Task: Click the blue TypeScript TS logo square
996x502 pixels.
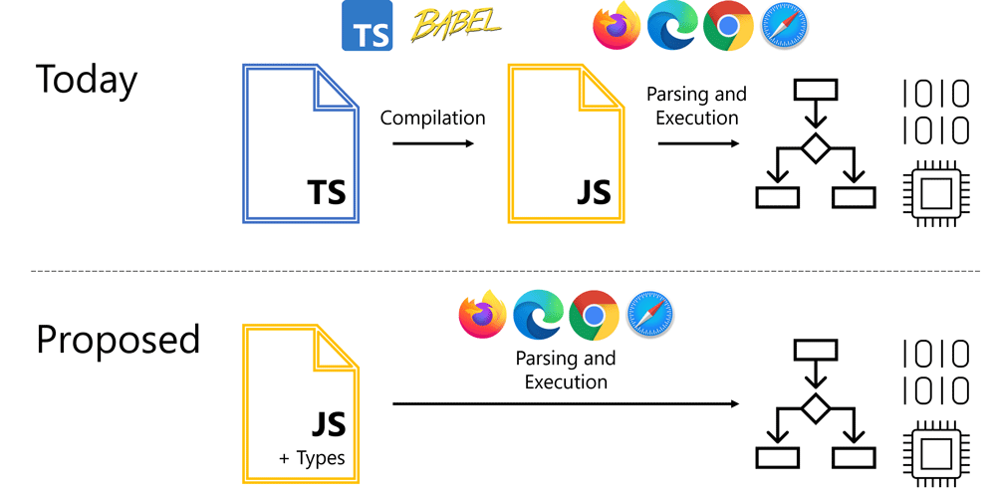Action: click(367, 26)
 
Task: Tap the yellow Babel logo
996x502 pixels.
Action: click(456, 24)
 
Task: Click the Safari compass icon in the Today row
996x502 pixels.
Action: click(784, 27)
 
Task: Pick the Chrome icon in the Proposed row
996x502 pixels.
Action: click(594, 317)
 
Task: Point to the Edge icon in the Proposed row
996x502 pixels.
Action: click(538, 317)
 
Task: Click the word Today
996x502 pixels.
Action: click(87, 79)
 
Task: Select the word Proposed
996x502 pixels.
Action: click(118, 340)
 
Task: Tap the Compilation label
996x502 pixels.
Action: click(432, 119)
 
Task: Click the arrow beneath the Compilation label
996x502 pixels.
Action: click(432, 143)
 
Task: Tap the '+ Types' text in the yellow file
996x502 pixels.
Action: click(312, 458)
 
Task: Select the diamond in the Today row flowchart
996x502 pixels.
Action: click(817, 147)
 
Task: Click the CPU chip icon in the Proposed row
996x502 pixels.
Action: click(935, 453)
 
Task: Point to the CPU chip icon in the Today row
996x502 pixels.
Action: click(935, 193)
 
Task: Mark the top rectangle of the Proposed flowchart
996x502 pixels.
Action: click(817, 350)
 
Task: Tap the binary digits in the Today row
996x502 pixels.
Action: click(935, 112)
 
